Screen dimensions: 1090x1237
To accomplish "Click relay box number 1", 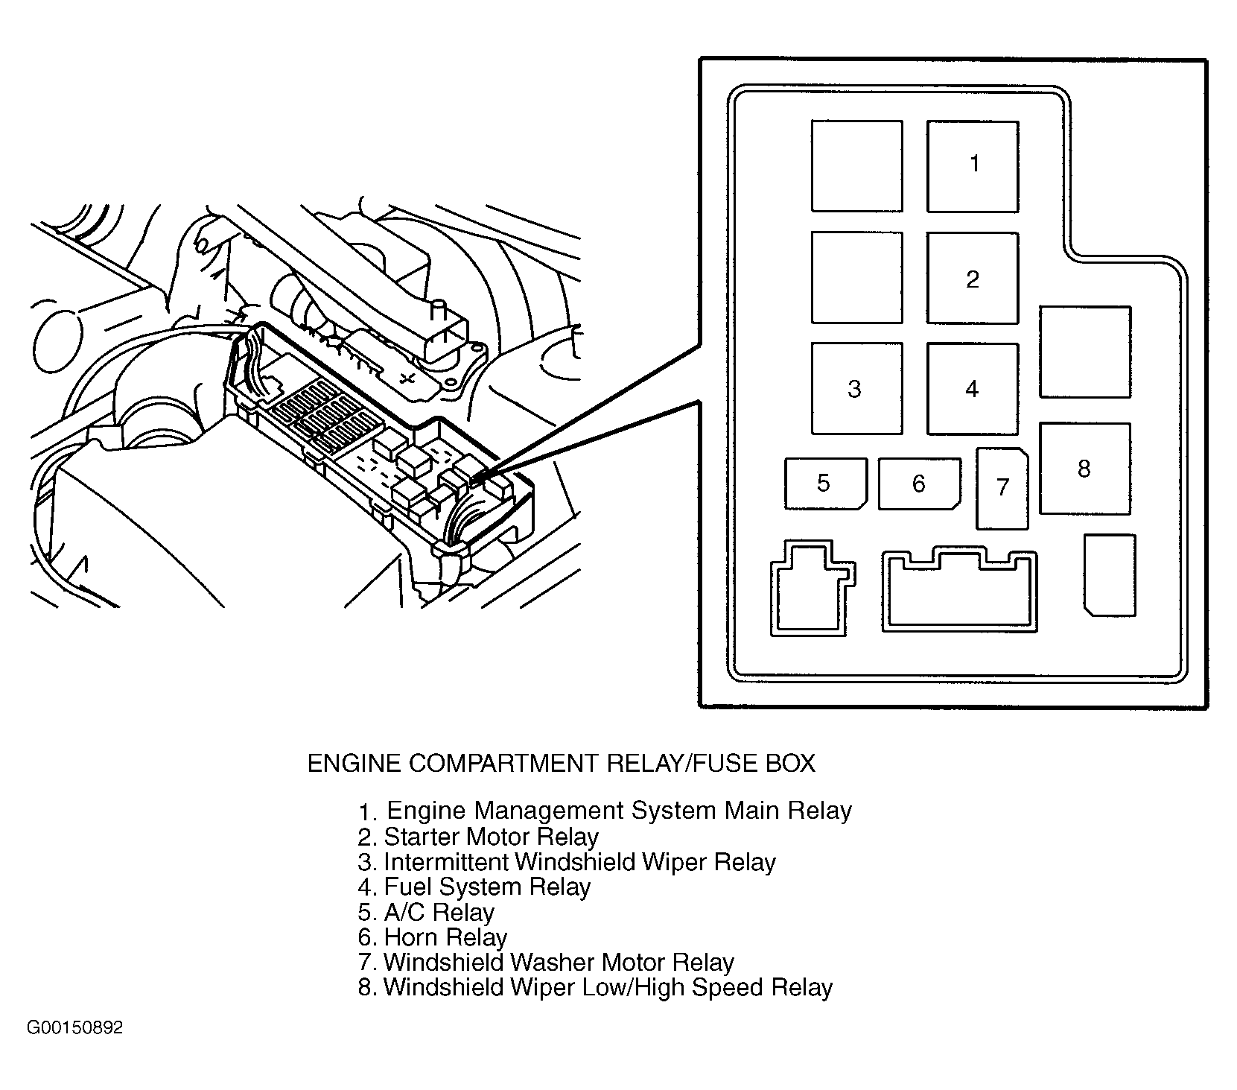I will click(972, 166).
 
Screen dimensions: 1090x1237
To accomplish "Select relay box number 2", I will click(972, 278).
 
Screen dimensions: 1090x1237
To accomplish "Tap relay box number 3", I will click(856, 388).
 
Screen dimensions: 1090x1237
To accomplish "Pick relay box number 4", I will click(972, 388).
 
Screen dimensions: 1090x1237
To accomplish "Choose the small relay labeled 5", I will click(825, 484).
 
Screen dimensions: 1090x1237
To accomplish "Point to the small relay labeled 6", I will click(919, 484).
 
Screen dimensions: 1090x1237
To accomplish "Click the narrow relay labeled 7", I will click(1002, 488).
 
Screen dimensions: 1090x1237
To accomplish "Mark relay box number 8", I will click(1084, 469).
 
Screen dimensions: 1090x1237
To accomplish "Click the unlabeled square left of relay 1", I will click(856, 166).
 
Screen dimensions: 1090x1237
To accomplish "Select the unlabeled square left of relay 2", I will click(856, 278).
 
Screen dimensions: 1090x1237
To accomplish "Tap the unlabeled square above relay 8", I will click(1084, 352).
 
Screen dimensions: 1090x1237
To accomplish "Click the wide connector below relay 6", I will click(959, 592).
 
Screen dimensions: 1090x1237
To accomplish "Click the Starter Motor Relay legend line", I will click(478, 837).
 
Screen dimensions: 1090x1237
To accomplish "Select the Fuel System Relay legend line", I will click(474, 887).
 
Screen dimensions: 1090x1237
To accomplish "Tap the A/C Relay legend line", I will click(426, 912).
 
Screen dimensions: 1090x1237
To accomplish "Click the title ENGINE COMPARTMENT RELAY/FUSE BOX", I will click(561, 763).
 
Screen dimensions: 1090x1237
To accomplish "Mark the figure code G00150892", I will click(74, 1029).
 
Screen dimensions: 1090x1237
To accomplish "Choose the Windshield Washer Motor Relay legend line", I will click(546, 963).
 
